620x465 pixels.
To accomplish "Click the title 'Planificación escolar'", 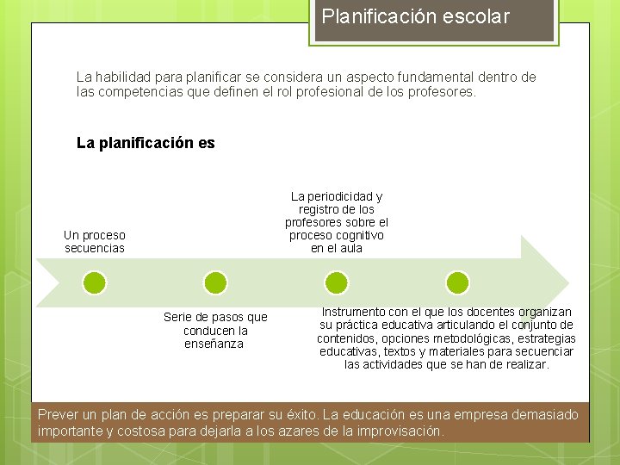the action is point(416,16).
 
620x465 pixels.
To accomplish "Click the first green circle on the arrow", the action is point(95,282).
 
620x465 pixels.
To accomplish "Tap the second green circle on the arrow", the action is point(215,282).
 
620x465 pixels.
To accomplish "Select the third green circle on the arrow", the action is point(337,282).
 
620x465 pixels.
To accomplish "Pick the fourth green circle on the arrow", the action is point(458,282).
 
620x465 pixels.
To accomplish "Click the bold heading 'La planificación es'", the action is point(146,143).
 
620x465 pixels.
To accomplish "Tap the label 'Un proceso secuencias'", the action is point(95,241).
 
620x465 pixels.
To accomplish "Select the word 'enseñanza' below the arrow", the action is point(214,344).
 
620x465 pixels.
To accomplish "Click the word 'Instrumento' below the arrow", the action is point(353,312).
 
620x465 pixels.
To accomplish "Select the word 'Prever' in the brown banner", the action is point(58,415).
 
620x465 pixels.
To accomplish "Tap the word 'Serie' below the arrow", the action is point(179,318).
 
